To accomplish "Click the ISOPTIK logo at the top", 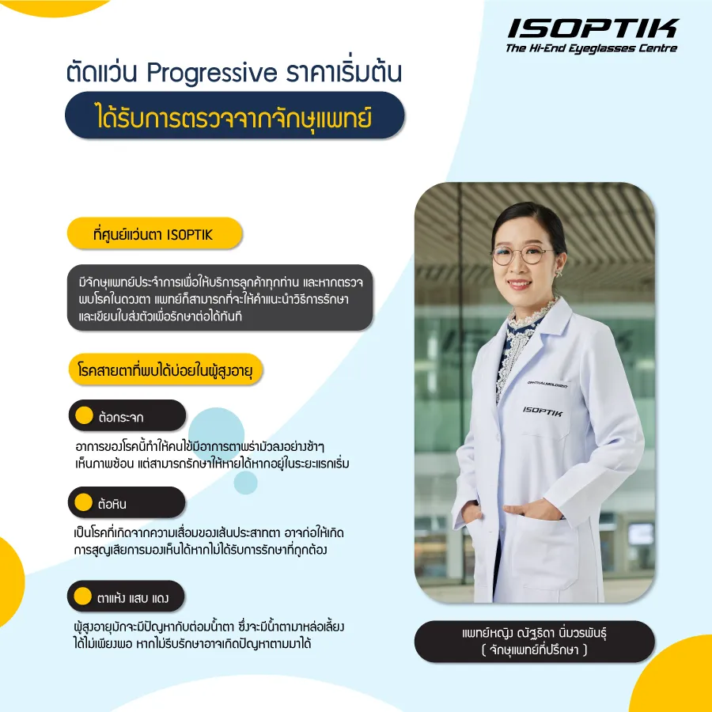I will [x=592, y=28].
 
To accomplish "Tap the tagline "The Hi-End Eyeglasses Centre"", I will [x=591, y=49].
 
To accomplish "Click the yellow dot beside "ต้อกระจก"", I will [x=83, y=415].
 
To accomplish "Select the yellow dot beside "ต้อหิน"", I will [x=83, y=502].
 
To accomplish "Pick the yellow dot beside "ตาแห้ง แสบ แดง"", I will [x=83, y=596].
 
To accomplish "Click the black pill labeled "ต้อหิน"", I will [x=127, y=502].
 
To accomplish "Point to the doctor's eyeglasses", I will [x=524, y=256].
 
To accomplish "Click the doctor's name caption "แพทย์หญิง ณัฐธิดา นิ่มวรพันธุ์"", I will [x=534, y=634].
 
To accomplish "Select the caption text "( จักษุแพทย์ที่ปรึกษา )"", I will [x=534, y=650].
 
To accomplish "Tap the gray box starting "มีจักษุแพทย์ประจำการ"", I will [x=220, y=297].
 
